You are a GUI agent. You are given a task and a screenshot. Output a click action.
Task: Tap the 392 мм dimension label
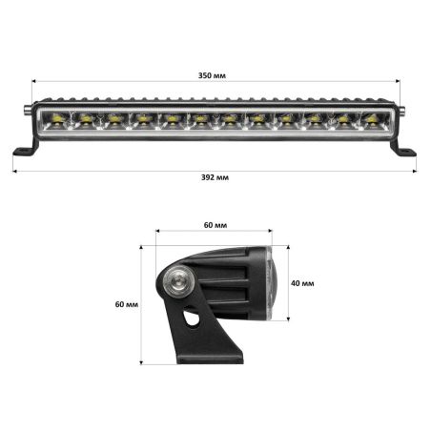pos(215,178)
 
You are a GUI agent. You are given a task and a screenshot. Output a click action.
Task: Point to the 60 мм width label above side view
pos(215,225)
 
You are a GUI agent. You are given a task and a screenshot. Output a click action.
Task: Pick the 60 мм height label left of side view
pos(125,305)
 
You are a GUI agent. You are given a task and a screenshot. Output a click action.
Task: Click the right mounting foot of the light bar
pos(405,150)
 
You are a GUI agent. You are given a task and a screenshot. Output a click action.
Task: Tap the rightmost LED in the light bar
pos(369,119)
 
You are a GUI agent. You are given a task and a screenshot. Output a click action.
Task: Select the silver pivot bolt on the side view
pos(175,282)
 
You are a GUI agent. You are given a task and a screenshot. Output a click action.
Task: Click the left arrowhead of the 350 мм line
pos(34,83)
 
